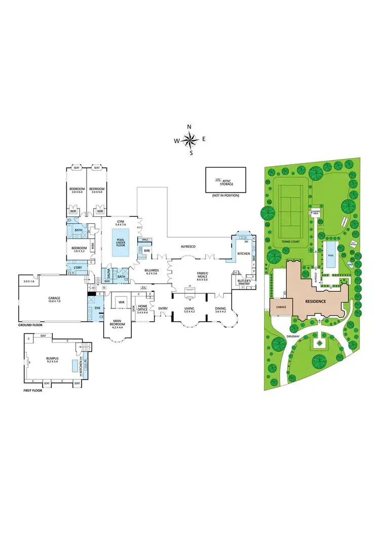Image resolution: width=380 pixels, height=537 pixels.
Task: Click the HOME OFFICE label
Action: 142,307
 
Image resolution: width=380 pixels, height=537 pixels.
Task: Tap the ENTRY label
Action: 163,309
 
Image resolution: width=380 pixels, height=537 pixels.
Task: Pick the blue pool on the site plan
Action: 330,249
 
